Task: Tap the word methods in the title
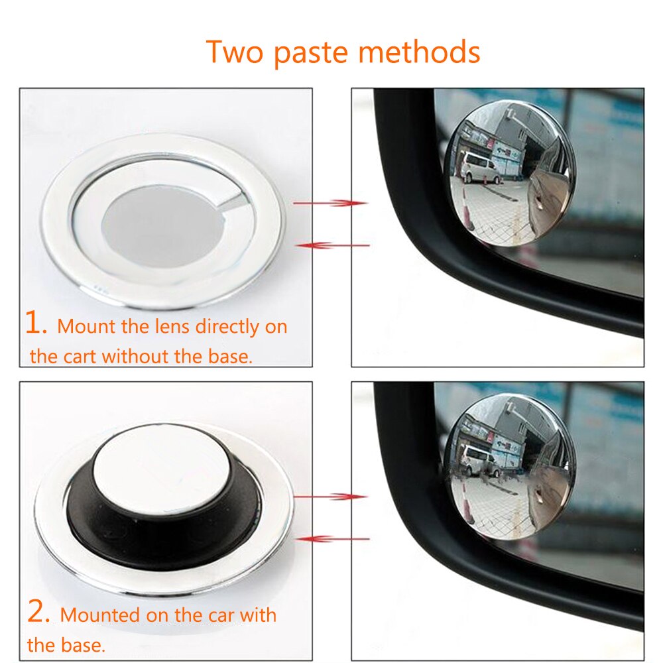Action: (x=424, y=52)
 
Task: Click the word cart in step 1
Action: (x=80, y=356)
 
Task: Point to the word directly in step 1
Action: (x=217, y=326)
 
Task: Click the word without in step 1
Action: (x=136, y=356)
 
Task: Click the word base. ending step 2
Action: (x=86, y=644)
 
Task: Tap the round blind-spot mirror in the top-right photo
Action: (x=509, y=174)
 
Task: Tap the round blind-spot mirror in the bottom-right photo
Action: (x=509, y=467)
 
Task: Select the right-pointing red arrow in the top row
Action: (x=330, y=202)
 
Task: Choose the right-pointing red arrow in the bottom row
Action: (x=330, y=496)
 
